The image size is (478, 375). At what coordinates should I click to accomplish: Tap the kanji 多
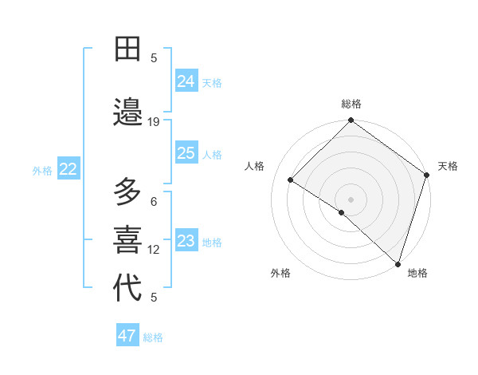pos(127,193)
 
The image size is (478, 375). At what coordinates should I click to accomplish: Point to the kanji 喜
pos(127,239)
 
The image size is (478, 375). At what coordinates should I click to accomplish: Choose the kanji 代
pos(127,287)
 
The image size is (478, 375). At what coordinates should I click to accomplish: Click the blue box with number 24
pos(186,81)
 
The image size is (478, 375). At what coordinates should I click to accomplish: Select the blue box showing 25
pos(186,153)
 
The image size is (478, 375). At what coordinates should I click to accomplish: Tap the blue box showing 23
pos(186,241)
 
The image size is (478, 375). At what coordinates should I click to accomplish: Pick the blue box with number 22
pos(69,168)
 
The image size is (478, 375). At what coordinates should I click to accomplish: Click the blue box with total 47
pos(127,336)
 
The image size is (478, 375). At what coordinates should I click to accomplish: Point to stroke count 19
pos(154,122)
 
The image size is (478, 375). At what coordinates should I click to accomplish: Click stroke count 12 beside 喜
pos(154,250)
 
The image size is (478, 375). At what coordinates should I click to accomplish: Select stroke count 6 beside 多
pos(154,202)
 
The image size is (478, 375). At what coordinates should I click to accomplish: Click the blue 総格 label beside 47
pos(153,337)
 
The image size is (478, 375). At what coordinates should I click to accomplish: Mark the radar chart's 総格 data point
pos(351,121)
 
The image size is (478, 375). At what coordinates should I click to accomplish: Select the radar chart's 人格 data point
pos(291,180)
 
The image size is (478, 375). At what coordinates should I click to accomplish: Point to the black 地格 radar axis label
pos(417,273)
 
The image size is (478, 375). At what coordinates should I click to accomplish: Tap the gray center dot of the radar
pos(351,199)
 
